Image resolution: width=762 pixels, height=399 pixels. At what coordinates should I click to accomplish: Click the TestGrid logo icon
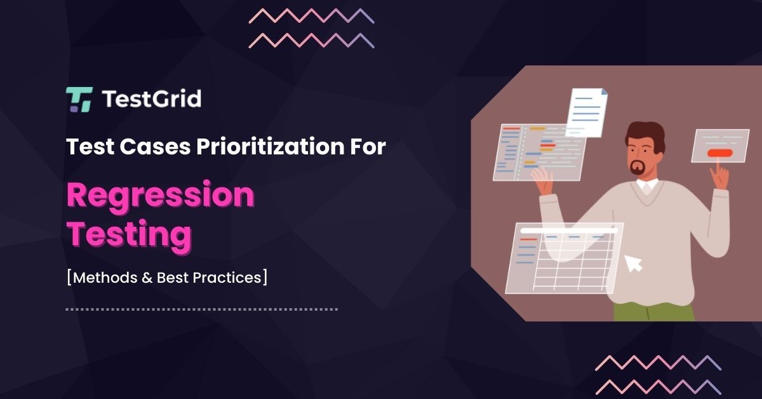79,100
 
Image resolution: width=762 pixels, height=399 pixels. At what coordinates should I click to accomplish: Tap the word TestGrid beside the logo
151,99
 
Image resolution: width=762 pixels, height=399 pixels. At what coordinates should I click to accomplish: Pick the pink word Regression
160,196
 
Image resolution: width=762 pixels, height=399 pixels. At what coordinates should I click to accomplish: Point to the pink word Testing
129,234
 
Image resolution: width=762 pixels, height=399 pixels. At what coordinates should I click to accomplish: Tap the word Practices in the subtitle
231,278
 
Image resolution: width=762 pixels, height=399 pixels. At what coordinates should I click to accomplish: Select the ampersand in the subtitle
147,278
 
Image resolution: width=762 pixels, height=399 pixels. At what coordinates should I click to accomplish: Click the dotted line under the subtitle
201,309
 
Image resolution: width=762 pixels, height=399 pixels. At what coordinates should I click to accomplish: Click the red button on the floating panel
719,152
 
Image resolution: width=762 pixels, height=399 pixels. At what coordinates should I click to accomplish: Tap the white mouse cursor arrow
633,262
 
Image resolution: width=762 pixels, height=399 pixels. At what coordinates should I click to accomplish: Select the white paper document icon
587,112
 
